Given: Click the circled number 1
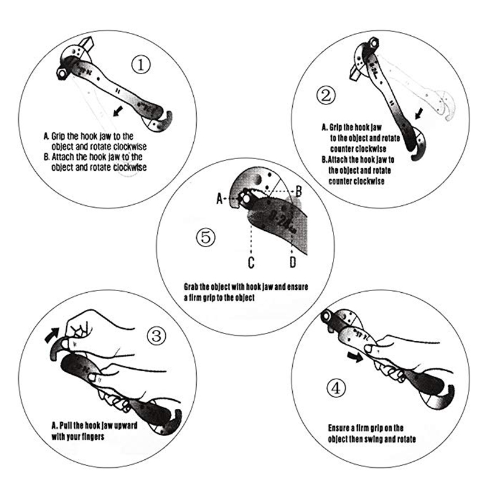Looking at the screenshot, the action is pos(141,65).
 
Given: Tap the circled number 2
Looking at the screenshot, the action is pos(326,95).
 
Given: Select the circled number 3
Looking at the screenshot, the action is pos(156,336).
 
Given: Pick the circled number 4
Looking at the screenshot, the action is pos(337,388).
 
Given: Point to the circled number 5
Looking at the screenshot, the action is pos(205,238).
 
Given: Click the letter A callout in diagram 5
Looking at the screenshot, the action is pos(219,199).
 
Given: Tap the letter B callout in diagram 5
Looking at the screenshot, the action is pos(298,191).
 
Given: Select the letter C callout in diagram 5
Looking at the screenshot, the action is pos(251,262).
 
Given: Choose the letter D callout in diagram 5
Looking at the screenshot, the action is pos(293,262).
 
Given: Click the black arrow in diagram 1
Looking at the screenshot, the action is pos(118,111).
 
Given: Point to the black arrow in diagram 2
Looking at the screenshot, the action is pos(419,114).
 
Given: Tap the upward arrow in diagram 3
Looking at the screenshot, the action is pos(52,335).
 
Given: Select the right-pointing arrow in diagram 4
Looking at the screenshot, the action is pos(355,357).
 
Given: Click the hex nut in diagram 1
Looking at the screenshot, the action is pos(62,73).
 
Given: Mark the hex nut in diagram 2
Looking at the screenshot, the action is pos(373,43).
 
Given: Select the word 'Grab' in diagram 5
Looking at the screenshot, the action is pos(191,287).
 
